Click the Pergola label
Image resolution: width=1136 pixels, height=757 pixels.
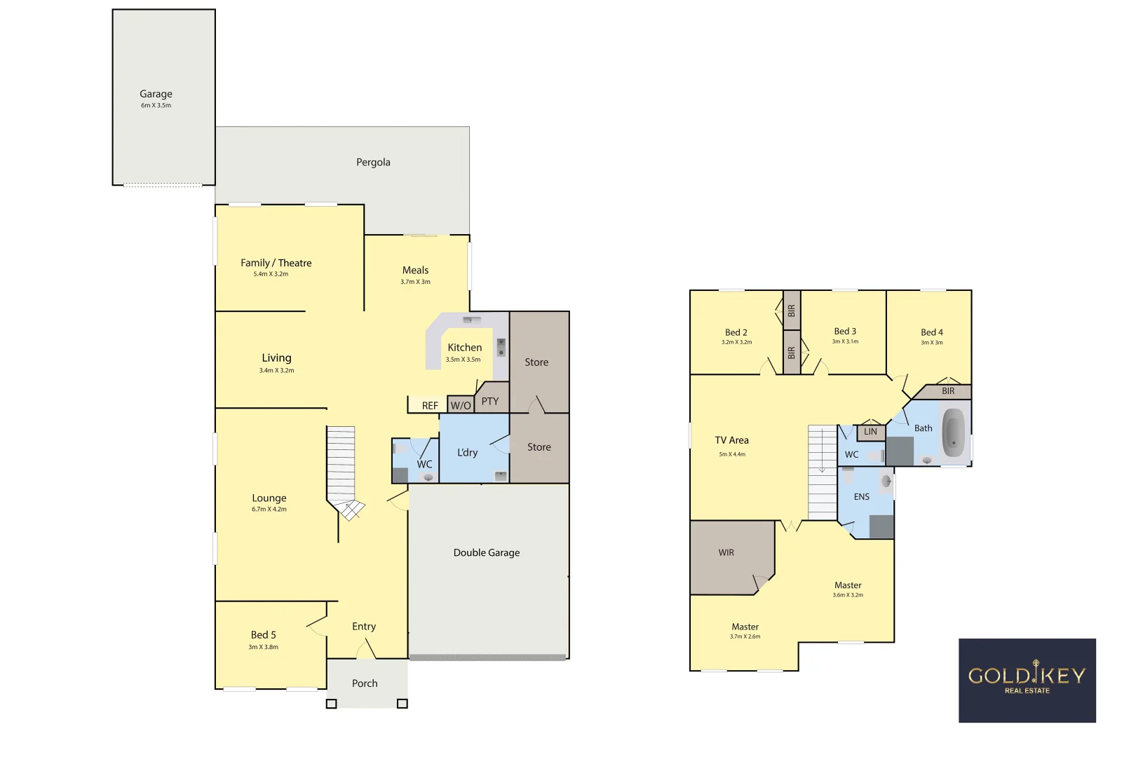(373, 162)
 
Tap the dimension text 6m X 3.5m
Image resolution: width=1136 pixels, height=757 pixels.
(156, 106)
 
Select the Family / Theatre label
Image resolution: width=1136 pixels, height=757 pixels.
(276, 263)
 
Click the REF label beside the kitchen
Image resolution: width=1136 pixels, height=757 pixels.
(430, 406)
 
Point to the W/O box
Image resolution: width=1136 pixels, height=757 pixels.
(461, 405)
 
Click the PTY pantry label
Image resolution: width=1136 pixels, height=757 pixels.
(490, 402)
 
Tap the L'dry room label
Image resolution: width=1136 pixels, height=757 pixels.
(467, 452)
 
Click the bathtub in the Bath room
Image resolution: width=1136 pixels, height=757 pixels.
(953, 433)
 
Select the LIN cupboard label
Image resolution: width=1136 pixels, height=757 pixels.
(870, 432)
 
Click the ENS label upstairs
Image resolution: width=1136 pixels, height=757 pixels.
(861, 497)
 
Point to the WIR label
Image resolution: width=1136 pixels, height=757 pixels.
(726, 552)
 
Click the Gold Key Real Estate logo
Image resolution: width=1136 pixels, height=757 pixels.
(1027, 680)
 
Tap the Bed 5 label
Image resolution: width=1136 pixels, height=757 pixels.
(263, 635)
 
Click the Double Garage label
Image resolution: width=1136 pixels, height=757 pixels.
(487, 552)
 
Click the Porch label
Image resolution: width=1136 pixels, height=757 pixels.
(365, 683)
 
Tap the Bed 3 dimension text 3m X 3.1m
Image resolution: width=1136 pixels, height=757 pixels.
(845, 342)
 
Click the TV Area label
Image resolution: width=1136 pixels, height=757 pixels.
(731, 440)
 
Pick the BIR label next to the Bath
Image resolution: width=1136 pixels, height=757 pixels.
(948, 391)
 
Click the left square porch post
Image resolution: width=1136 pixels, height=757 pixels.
(332, 704)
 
